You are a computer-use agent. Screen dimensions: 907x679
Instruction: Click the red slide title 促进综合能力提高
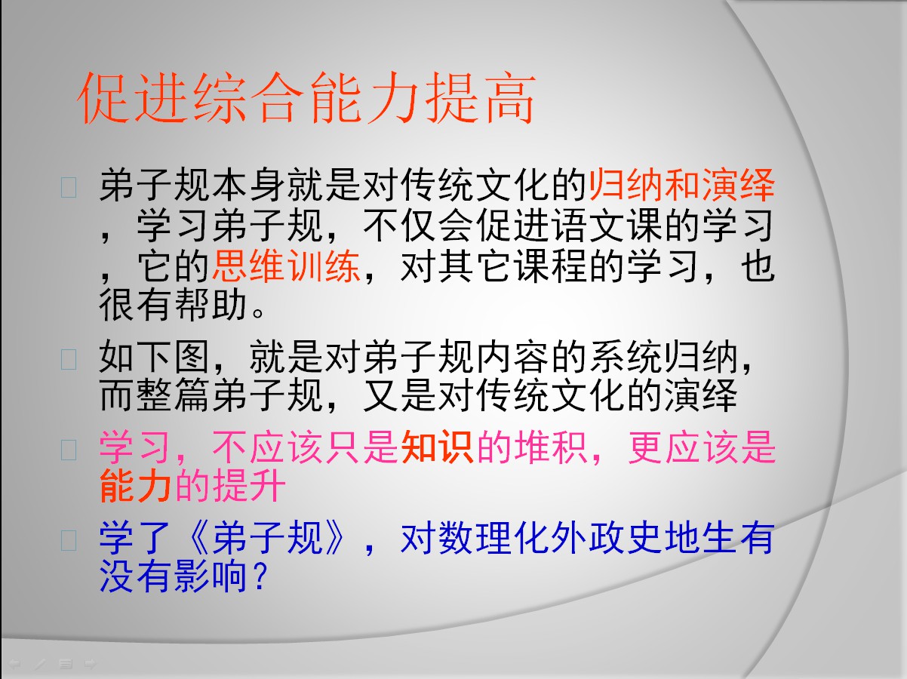[x=306, y=98]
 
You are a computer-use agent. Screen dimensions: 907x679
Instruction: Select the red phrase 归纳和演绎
[x=681, y=185]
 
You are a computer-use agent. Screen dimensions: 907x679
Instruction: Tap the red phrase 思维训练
[x=286, y=266]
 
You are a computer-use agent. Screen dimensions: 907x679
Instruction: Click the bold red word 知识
[x=438, y=447]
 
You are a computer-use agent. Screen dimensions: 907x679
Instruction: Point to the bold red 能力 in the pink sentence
[x=136, y=486]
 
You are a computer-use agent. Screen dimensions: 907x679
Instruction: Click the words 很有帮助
[x=173, y=306]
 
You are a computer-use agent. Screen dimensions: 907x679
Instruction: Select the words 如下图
[x=154, y=357]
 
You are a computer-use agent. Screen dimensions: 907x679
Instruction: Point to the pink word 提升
[x=249, y=486]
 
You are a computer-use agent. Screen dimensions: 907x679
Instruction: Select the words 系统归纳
[x=664, y=357]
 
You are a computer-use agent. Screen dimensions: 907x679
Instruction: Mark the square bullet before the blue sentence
[x=69, y=540]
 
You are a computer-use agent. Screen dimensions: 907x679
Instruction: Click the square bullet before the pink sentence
[x=69, y=450]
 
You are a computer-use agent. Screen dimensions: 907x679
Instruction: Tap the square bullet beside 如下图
[x=69, y=359]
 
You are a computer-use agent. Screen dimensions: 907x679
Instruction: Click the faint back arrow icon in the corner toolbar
[x=15, y=664]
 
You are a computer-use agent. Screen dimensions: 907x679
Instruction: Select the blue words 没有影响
[x=173, y=576]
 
